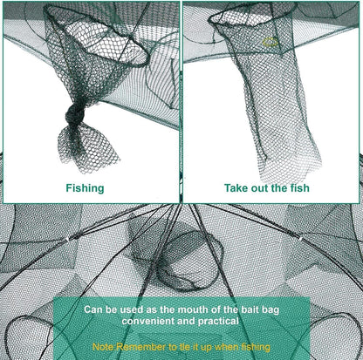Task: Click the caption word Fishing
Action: (x=85, y=187)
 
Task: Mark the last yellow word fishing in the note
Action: (x=251, y=346)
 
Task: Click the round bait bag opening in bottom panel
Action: (x=185, y=261)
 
